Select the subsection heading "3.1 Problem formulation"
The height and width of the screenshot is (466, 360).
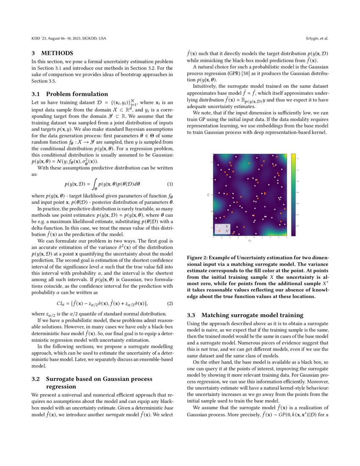coord(70,94)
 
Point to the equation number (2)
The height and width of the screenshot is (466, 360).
coord(170,303)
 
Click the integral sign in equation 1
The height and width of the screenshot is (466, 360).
coord(94,184)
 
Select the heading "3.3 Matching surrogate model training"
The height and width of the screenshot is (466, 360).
coord(245,315)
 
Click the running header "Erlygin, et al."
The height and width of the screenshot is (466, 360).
coord(317,39)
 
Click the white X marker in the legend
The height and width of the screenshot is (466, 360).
coord(219,226)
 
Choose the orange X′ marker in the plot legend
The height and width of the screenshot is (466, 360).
coord(219,231)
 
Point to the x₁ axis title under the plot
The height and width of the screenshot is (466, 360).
coord(250,241)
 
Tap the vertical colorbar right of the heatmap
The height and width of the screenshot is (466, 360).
coord(293,194)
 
